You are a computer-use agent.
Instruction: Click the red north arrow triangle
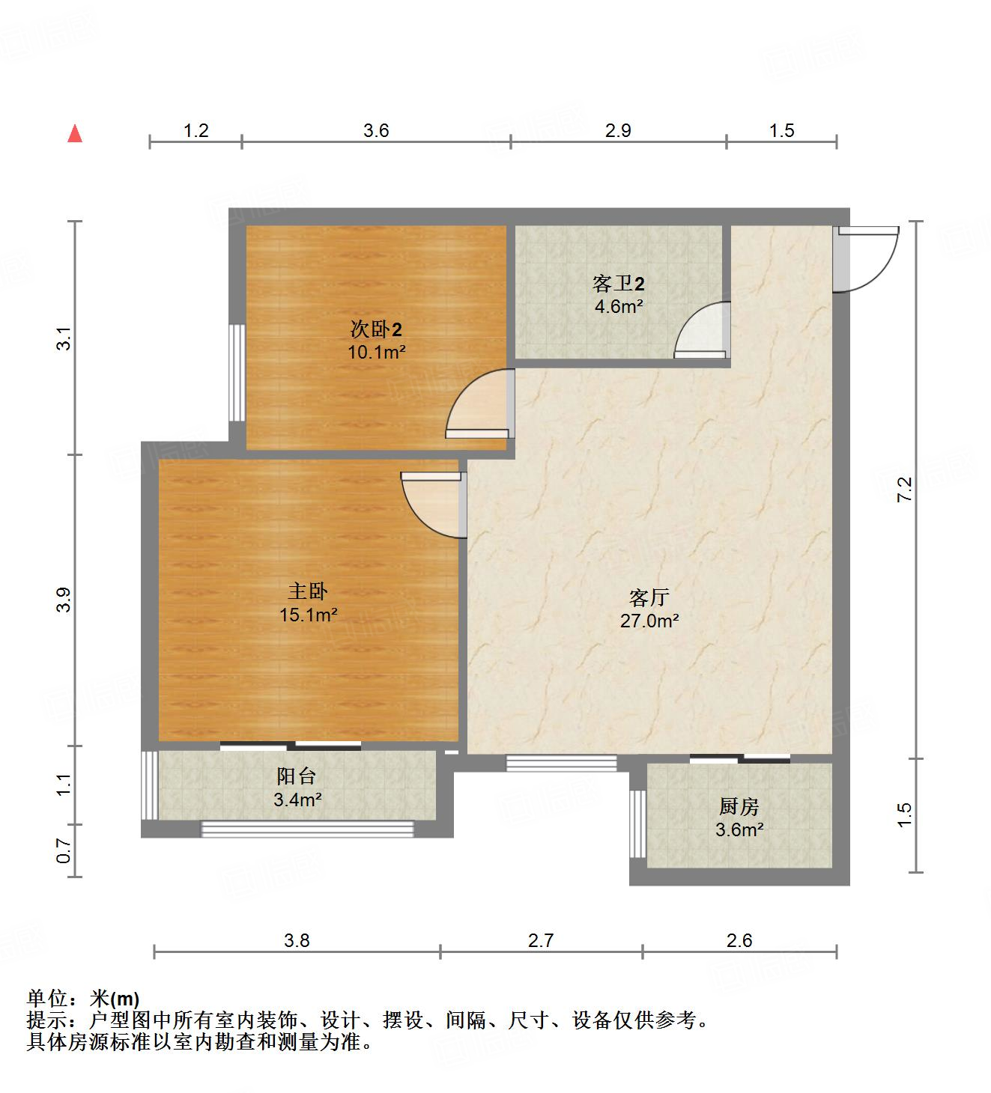click(75, 134)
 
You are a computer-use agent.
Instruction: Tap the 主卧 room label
click(308, 591)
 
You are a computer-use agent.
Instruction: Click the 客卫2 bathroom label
click(619, 284)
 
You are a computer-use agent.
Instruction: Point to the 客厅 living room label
click(649, 597)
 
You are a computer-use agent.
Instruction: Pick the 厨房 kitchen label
click(739, 806)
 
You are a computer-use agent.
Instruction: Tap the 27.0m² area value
click(649, 621)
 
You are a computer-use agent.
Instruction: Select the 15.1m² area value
click(308, 615)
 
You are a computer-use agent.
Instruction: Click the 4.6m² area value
click(619, 306)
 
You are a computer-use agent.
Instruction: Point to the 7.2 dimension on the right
click(905, 489)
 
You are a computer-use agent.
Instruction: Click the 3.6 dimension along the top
click(376, 131)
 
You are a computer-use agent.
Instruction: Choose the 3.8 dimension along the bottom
click(297, 940)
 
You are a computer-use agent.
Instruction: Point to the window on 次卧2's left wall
click(237, 372)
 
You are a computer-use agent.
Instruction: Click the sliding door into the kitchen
click(740, 758)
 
